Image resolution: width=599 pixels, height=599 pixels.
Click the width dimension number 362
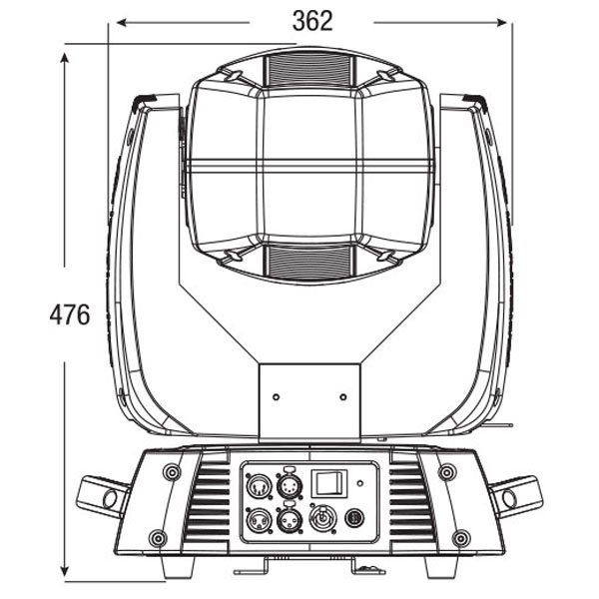tap(312, 21)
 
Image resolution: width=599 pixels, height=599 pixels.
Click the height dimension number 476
tap(70, 314)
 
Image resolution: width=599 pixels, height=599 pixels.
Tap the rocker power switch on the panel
tap(329, 483)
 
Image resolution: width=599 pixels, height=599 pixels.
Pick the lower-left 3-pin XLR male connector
tap(259, 519)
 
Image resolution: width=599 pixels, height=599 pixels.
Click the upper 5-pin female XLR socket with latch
tap(289, 484)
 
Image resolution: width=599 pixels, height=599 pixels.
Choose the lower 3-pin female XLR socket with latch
tap(289, 518)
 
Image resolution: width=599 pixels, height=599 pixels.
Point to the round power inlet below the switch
tap(323, 518)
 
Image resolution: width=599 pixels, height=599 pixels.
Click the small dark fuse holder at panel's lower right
tap(354, 519)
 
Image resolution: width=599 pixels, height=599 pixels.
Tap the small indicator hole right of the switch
tap(359, 483)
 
